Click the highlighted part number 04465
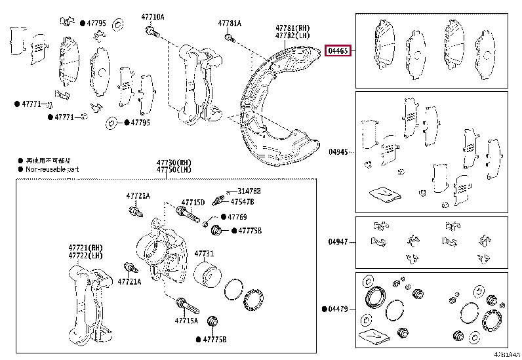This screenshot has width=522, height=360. click(x=339, y=50)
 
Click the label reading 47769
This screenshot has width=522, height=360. click(x=237, y=217)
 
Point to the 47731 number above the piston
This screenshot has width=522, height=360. click(x=204, y=253)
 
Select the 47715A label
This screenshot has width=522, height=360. click(x=187, y=321)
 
